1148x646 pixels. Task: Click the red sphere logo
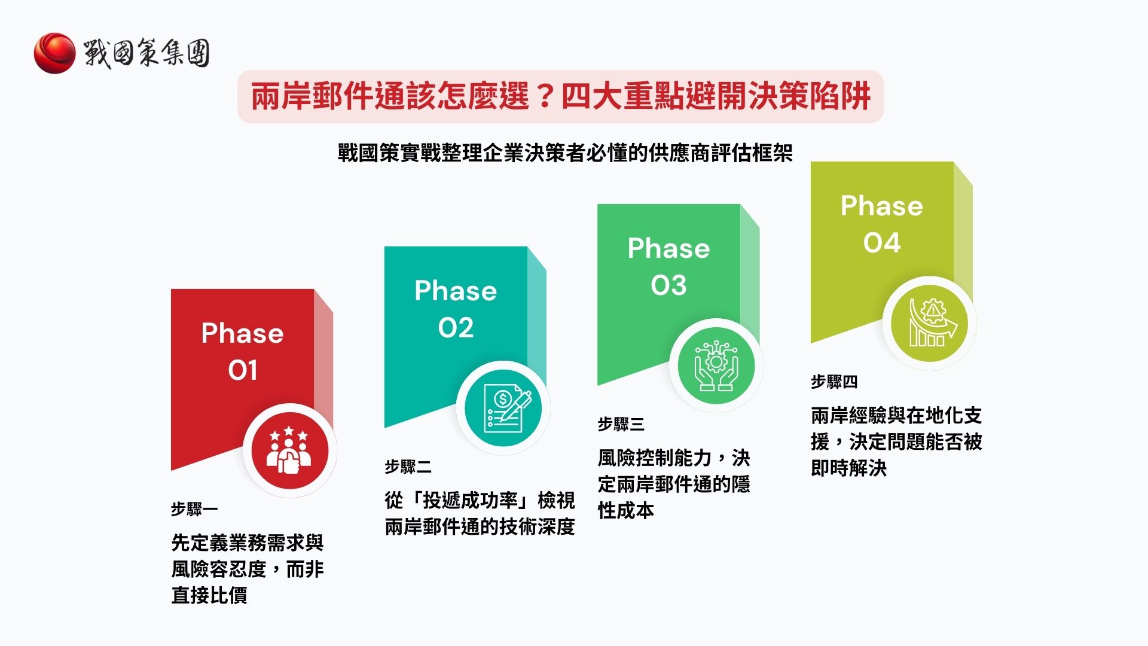click(54, 53)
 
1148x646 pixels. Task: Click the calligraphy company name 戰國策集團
click(146, 53)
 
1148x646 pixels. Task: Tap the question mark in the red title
click(544, 96)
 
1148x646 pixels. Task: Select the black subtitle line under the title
click(564, 153)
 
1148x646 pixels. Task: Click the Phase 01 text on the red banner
click(242, 351)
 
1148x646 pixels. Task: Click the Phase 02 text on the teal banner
click(456, 309)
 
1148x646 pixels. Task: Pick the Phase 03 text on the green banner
click(668, 266)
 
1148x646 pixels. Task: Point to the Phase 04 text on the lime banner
click(882, 224)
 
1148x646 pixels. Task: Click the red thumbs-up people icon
click(289, 451)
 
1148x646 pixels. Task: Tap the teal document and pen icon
click(503, 409)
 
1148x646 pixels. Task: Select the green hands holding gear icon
click(716, 366)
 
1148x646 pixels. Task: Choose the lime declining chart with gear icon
click(929, 324)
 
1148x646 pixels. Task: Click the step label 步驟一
click(194, 509)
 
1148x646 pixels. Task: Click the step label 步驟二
click(408, 467)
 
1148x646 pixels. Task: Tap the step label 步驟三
click(621, 424)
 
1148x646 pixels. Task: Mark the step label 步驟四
click(834, 382)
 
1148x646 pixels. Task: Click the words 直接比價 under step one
click(209, 595)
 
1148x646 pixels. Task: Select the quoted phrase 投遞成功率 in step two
click(470, 500)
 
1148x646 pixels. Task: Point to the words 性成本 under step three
click(625, 510)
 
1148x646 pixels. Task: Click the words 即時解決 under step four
click(848, 468)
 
